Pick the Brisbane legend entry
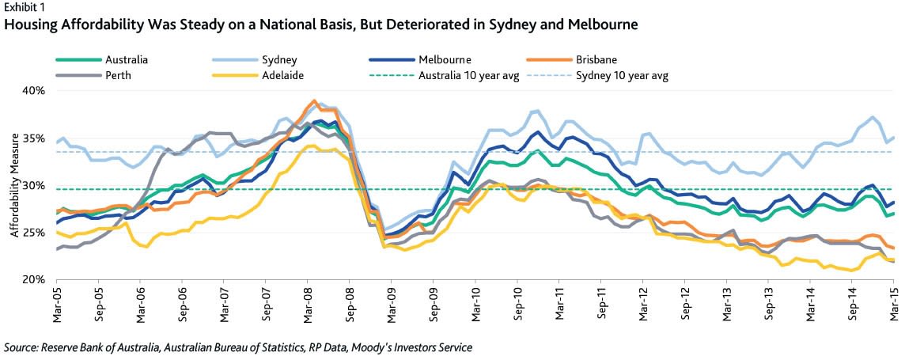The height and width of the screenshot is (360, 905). [597, 59]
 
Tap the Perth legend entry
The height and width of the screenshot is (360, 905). [117, 76]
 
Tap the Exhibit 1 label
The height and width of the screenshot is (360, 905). [22, 8]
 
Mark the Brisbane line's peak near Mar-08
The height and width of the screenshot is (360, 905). [315, 101]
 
